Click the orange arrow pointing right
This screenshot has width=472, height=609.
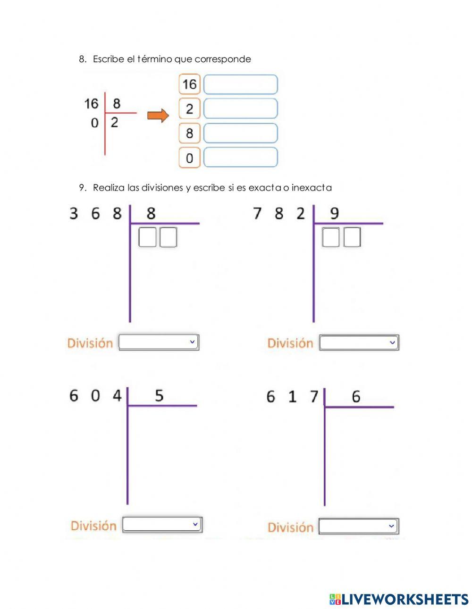point(158,116)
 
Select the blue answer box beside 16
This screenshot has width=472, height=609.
point(240,85)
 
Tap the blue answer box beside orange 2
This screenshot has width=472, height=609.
point(240,109)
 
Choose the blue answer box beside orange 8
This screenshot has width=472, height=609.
point(240,133)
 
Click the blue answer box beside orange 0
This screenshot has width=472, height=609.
point(240,158)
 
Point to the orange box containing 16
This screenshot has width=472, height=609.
point(189,85)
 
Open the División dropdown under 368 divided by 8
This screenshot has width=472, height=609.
point(159,342)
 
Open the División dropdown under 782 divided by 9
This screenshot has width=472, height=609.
point(359,343)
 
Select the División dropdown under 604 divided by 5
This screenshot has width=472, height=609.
point(162,525)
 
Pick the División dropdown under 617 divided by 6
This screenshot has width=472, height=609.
point(358,526)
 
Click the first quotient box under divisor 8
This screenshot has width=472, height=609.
point(147,237)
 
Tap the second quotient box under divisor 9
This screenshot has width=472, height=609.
point(352,237)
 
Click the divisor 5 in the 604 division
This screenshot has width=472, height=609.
point(159,395)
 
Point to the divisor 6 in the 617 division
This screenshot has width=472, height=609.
point(356,397)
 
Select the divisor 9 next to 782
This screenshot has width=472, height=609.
point(334,214)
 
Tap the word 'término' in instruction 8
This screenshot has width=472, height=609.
point(154,59)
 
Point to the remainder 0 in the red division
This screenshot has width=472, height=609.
point(94,123)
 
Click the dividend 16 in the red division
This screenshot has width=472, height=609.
point(91,103)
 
